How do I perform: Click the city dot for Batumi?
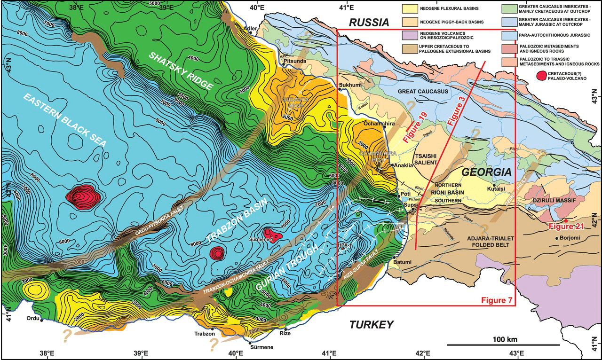pyautogui.click(x=393, y=257)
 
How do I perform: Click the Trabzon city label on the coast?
pyautogui.click(x=205, y=334)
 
